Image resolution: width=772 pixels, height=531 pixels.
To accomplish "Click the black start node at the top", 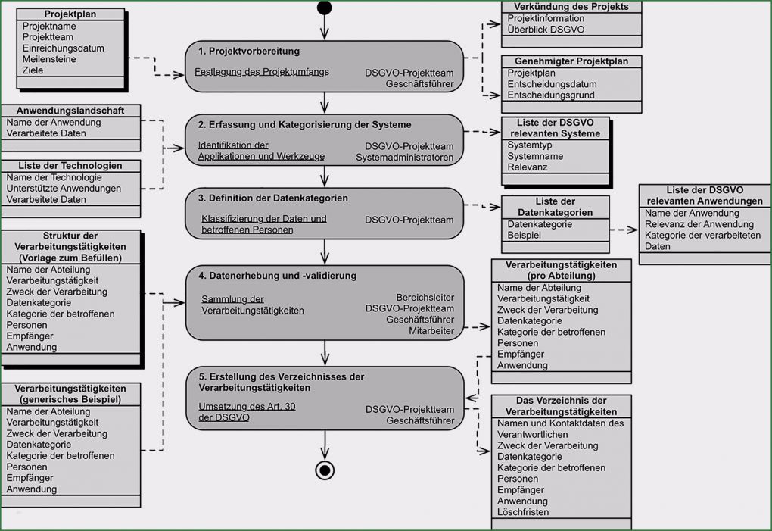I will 325,8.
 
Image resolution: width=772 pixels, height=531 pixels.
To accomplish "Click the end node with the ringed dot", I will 325,470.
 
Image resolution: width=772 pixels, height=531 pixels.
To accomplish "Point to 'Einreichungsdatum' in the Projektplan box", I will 64,48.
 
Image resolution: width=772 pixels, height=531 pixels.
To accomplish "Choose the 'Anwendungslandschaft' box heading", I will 70,111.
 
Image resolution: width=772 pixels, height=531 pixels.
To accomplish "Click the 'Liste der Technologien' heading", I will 70,166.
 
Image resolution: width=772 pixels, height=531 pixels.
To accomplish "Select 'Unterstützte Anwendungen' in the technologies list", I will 64,189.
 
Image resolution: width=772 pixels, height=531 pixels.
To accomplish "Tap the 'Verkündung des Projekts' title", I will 571,7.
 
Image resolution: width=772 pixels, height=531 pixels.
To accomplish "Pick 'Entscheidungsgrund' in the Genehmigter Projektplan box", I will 551,95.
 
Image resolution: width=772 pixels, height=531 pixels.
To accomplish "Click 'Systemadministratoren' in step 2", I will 405,158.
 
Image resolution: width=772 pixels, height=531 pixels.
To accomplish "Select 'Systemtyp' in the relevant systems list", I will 530,145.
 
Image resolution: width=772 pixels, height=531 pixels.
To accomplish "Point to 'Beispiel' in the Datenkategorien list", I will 525,236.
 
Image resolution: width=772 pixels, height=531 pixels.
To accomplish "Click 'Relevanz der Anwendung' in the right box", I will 689,224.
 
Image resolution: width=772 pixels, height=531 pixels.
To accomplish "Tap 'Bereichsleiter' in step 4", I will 425,298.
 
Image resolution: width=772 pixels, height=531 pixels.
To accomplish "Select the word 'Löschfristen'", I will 523,512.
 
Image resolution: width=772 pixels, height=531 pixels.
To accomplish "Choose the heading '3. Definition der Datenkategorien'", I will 273,198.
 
